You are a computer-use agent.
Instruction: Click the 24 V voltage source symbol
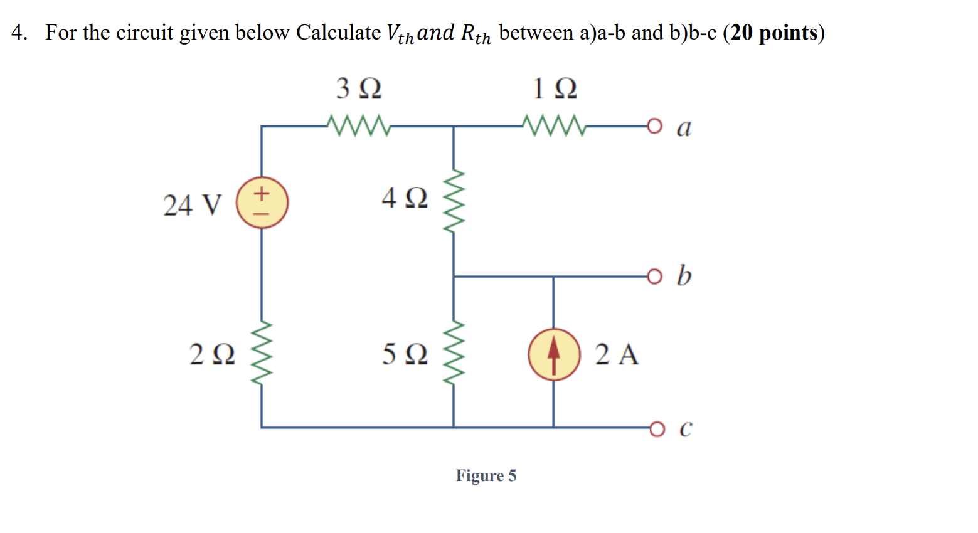[262, 203]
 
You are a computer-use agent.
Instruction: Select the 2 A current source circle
[553, 354]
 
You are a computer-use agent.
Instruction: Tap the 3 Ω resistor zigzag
[359, 125]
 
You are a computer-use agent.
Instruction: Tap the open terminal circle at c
[656, 428]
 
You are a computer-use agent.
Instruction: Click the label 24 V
[192, 205]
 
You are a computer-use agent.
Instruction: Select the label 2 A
[617, 354]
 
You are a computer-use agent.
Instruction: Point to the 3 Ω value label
[359, 88]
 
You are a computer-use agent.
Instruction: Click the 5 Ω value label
[405, 354]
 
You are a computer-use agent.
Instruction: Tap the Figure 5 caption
[486, 475]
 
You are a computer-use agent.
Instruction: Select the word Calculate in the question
[338, 33]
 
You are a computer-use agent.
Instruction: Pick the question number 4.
[19, 33]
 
